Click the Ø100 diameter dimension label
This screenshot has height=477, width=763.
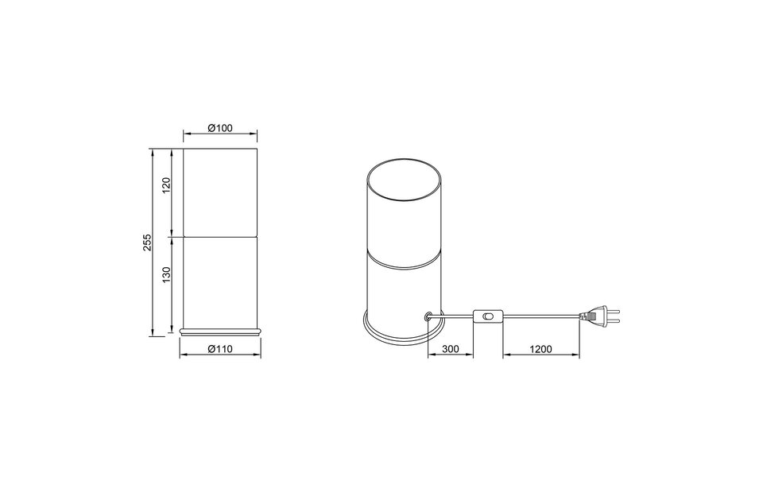point(219,128)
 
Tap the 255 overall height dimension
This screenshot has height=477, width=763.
point(147,242)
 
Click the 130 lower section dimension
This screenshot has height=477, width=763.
point(166,277)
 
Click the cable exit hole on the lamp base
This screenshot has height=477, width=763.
point(429,316)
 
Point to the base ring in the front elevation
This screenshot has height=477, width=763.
point(220,328)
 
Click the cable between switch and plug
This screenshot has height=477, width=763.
point(540,318)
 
